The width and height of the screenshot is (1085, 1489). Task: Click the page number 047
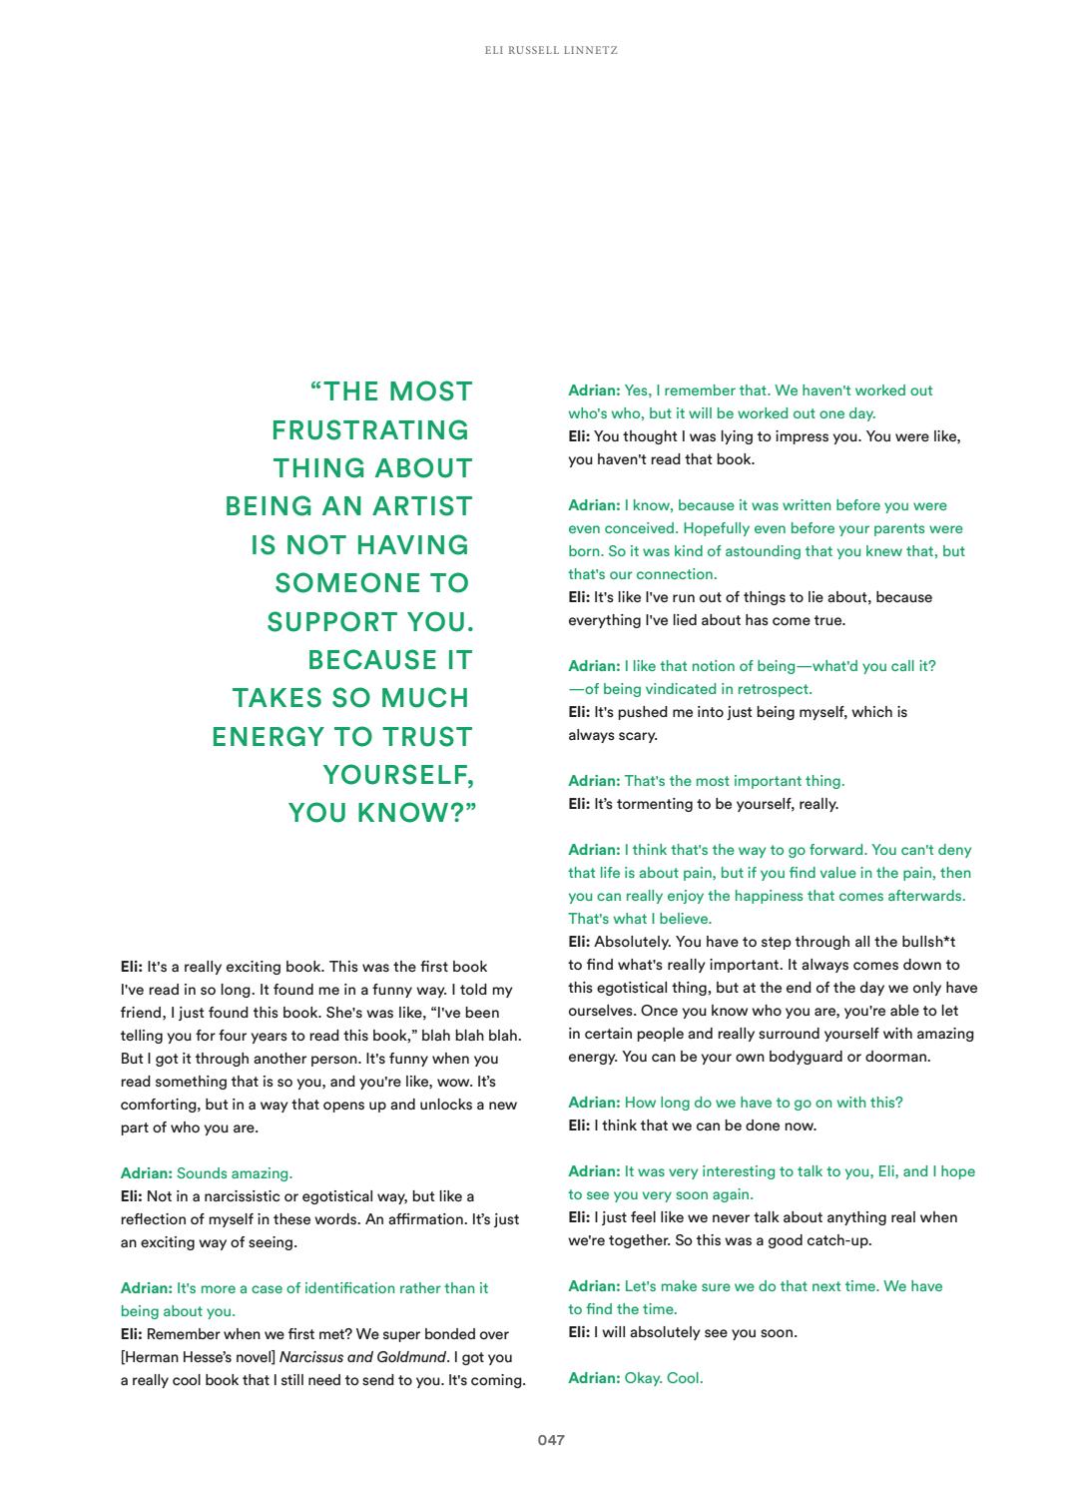551,1440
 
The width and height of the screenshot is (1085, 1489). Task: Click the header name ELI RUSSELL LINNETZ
551,50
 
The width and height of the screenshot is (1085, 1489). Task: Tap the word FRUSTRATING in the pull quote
370,430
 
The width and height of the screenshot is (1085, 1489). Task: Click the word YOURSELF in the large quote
396,775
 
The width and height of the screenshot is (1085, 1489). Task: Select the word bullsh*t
926,942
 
